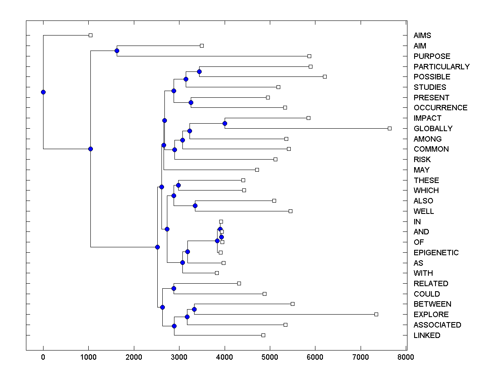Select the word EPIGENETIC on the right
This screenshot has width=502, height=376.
click(436, 253)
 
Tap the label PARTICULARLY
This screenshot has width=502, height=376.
click(441, 67)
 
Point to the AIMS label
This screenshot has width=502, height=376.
click(422, 36)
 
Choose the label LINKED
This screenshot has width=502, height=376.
click(427, 335)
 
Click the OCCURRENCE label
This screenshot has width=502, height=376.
click(441, 108)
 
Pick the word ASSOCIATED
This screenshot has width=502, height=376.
click(437, 325)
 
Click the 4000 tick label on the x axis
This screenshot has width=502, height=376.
click(224, 357)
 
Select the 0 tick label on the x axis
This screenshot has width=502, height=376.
click(43, 357)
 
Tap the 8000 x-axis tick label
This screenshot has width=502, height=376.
click(406, 357)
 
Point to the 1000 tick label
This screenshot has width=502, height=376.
click(88, 357)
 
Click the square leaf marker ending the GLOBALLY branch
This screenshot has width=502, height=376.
click(389, 128)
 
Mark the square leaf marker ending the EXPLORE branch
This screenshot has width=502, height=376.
click(376, 314)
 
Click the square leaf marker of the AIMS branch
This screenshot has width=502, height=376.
click(90, 36)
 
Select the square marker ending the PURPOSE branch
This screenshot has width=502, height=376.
click(309, 56)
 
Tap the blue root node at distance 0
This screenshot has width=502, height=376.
click(43, 92)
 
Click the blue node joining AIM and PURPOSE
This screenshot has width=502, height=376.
click(117, 51)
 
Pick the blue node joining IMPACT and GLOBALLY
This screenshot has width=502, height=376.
click(225, 123)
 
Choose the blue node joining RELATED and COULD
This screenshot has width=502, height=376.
click(174, 288)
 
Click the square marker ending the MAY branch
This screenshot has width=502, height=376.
click(257, 170)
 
